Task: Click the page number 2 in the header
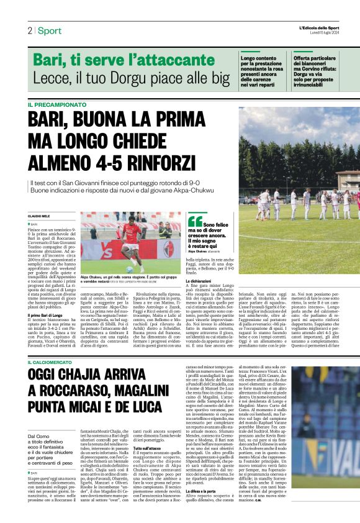tap(30, 30)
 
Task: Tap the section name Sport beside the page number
tap(50, 30)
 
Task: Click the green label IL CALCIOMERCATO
tap(53, 362)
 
